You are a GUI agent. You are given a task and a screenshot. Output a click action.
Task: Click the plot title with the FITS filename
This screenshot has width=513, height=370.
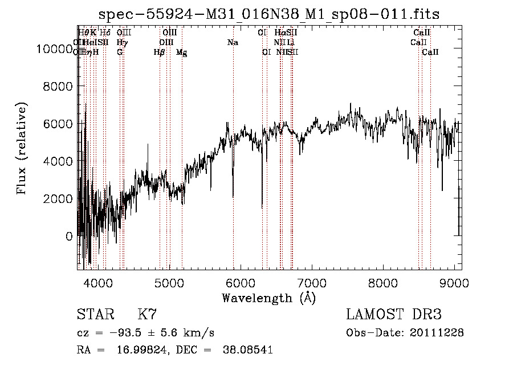pos(269,14)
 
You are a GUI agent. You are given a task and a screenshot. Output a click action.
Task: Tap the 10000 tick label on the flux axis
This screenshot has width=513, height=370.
pos(55,49)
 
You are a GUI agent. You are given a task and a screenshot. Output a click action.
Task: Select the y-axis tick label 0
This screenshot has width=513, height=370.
pos(70,236)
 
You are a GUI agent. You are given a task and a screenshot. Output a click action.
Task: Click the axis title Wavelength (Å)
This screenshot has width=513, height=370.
pos(269,298)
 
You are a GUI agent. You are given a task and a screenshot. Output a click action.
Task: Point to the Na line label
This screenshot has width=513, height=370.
pos(233,43)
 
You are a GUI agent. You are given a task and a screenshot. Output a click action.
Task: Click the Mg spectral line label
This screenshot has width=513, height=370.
pos(181,52)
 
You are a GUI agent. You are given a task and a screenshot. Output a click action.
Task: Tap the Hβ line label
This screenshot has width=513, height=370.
pos(160,52)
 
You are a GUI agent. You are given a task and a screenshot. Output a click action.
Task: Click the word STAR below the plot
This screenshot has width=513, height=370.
pos(95,314)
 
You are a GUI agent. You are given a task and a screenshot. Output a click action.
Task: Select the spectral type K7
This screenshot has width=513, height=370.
pos(147,314)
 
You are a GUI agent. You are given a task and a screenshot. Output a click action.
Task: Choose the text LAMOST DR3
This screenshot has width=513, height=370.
pos(394,314)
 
